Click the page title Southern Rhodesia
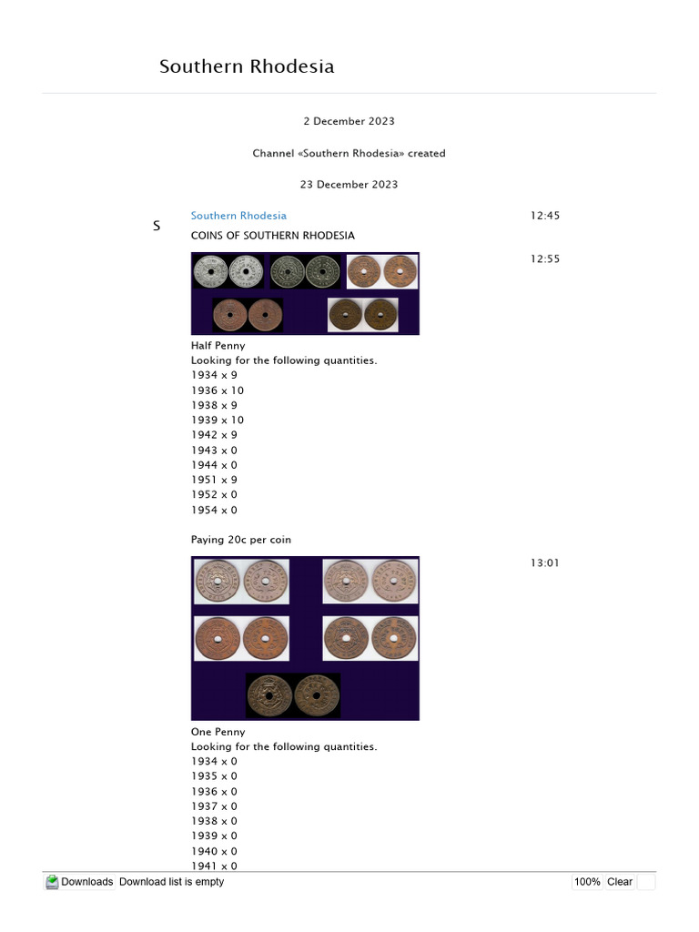[247, 66]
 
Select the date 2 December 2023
[349, 121]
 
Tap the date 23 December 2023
[349, 184]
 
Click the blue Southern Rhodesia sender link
[238, 216]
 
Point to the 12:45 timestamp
[544, 216]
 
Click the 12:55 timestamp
[544, 258]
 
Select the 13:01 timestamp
[544, 562]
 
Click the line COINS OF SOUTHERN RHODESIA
[272, 236]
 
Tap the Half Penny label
[218, 346]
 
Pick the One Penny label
[218, 732]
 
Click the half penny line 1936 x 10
[218, 390]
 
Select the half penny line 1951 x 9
[214, 480]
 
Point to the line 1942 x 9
[214, 435]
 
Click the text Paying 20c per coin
[240, 540]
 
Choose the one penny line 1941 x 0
[214, 866]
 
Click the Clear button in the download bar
[619, 882]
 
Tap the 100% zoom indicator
[587, 882]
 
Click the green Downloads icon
[52, 882]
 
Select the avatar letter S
[157, 226]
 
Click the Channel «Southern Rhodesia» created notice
[349, 153]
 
